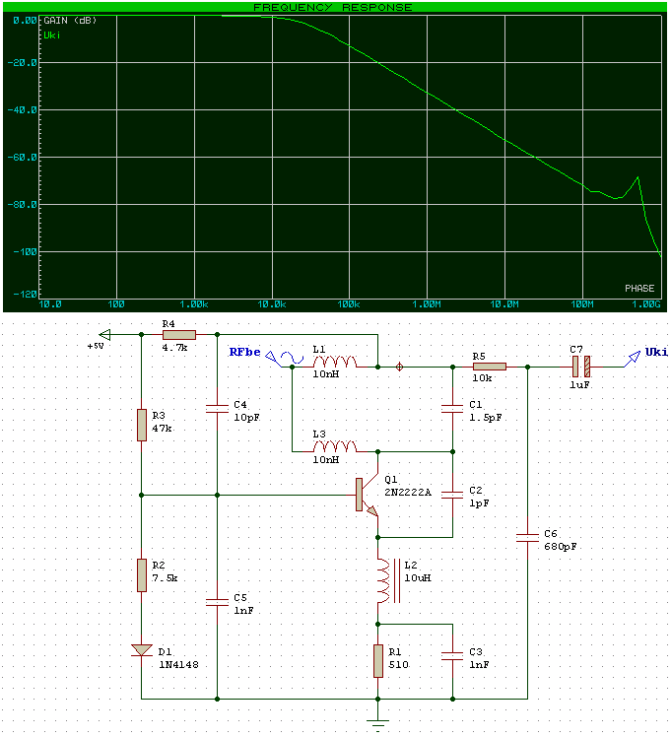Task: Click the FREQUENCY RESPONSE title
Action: click(x=333, y=7)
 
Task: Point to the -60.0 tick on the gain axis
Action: click(x=24, y=157)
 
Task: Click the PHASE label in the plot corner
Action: click(x=638, y=289)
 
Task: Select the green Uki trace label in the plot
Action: click(x=52, y=34)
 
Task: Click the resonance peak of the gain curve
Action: click(x=637, y=178)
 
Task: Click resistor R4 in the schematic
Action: click(x=180, y=335)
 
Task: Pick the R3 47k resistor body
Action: click(x=142, y=426)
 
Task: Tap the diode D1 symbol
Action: click(x=142, y=650)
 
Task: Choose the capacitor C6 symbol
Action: click(x=527, y=537)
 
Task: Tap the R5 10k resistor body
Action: click(x=489, y=367)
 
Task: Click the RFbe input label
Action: click(x=245, y=352)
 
